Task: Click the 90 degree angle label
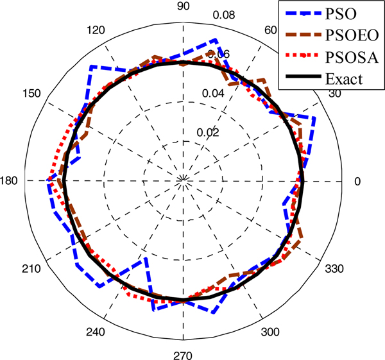[183, 8]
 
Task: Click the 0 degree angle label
[357, 181]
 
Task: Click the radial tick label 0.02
[208, 133]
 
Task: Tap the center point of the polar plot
[184, 181]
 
